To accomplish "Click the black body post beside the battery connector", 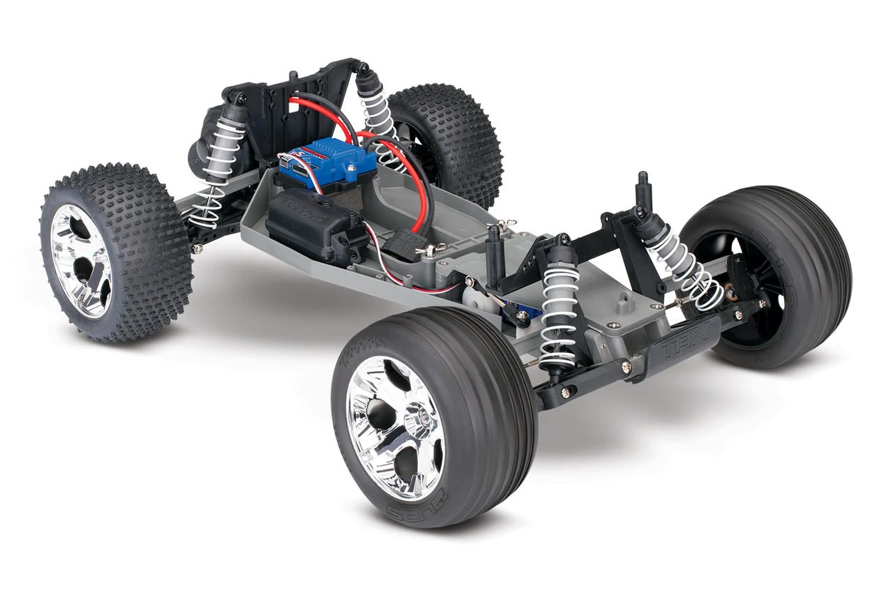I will point(495,251).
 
